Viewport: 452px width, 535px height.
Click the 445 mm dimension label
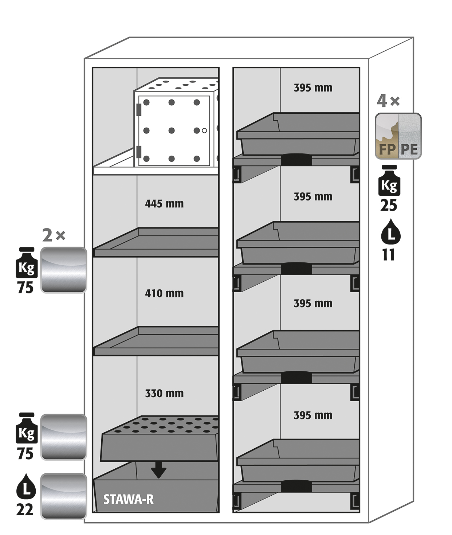click(164, 203)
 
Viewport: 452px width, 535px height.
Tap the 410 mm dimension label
click(164, 293)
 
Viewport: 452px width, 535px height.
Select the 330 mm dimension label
click(164, 394)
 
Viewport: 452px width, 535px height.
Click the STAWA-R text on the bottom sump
click(129, 499)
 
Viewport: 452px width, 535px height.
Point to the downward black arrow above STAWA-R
click(158, 470)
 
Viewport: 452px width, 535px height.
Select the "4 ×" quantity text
click(388, 101)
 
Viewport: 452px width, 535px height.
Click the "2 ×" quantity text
click(54, 235)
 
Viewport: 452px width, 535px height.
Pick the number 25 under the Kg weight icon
click(389, 206)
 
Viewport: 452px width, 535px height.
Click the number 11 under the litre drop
click(389, 255)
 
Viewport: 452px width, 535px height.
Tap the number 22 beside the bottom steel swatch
click(25, 509)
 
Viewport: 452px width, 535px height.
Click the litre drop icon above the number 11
click(390, 231)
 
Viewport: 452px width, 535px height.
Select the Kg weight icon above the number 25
click(389, 181)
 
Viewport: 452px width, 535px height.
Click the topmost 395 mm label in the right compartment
click(313, 88)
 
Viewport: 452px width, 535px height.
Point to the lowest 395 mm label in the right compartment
click(313, 415)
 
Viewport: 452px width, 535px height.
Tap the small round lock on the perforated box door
click(204, 130)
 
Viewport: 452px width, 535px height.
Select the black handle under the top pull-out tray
click(296, 160)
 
